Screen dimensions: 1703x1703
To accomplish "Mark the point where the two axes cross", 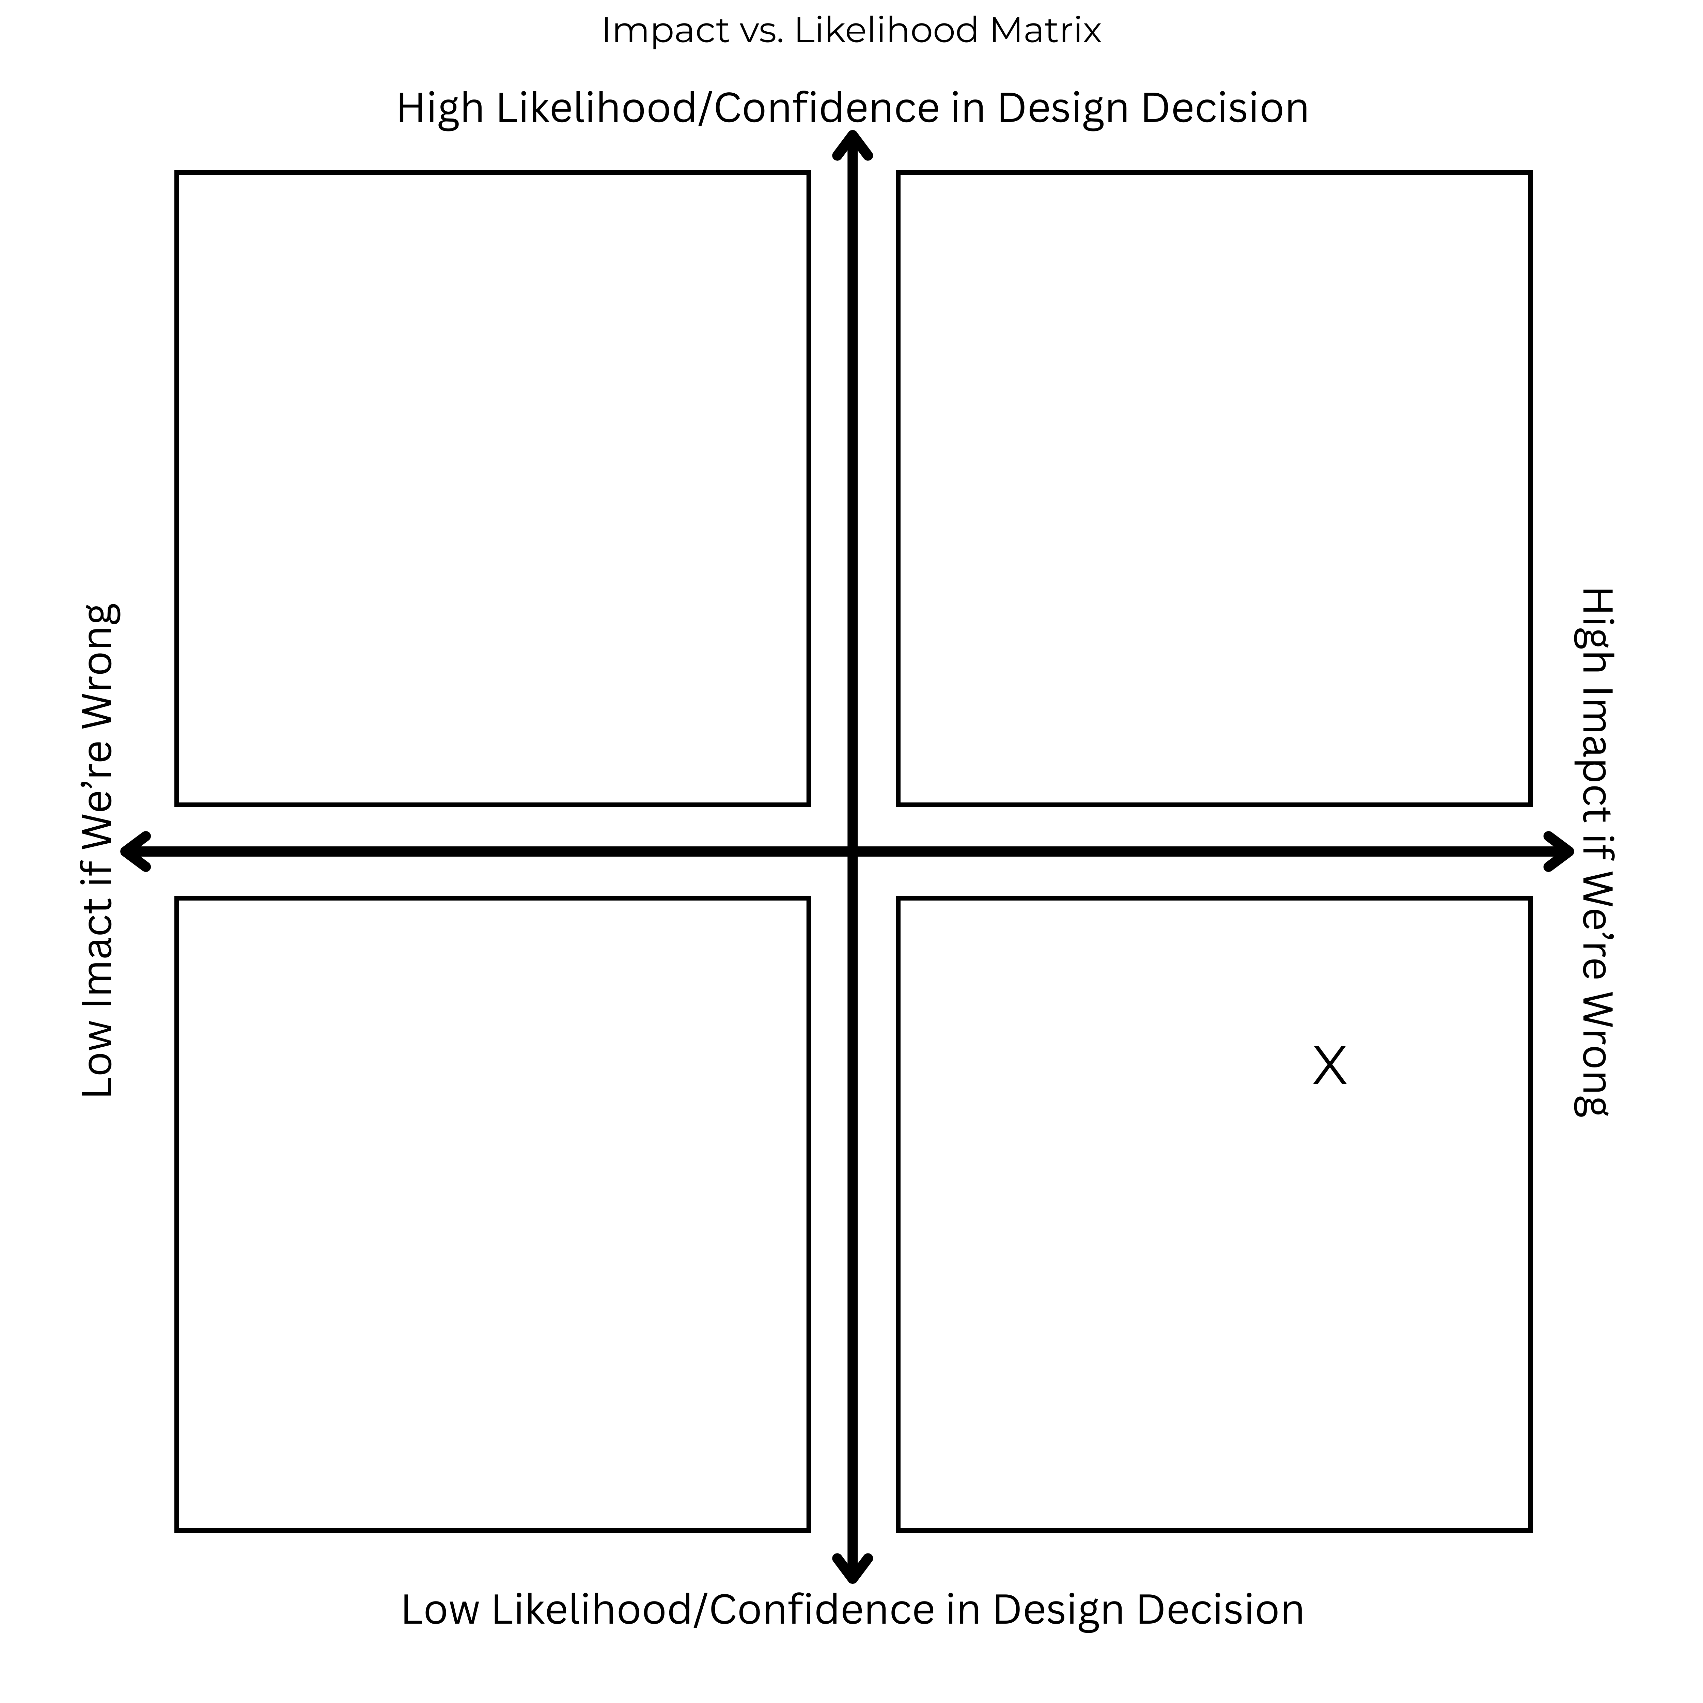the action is pos(853,851).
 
